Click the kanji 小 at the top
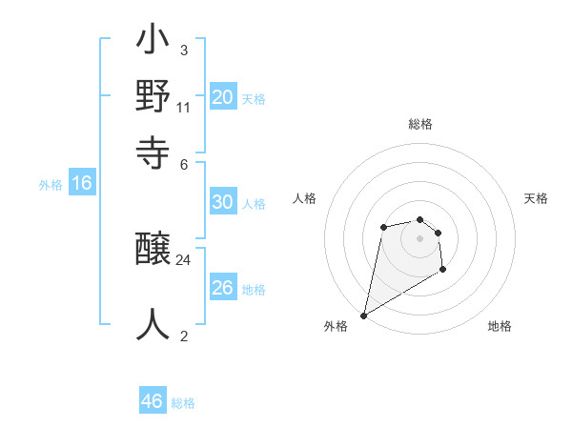[x=153, y=43]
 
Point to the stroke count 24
[x=184, y=259]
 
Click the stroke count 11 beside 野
[x=184, y=106]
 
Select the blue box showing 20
[x=222, y=97]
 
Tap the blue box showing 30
[x=222, y=202]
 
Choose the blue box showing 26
[x=222, y=288]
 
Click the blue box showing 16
[x=82, y=184]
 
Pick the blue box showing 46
[x=153, y=401]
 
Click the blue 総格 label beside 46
[x=183, y=403]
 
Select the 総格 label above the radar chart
[x=420, y=124]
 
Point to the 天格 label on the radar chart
[x=536, y=198]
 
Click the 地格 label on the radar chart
[x=500, y=326]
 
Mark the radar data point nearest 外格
[x=363, y=315]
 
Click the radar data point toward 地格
[x=443, y=270]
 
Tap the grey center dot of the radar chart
[x=419, y=237]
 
